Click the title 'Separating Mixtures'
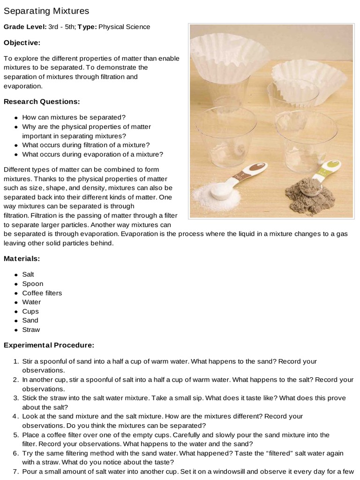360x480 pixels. click(x=46, y=10)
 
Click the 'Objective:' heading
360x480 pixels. click(x=22, y=43)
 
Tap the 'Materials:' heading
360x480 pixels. click(x=22, y=258)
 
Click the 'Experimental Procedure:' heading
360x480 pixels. click(x=49, y=345)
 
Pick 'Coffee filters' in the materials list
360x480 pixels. click(x=42, y=293)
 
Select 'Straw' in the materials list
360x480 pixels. click(x=30, y=330)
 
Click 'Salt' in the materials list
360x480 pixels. click(x=28, y=275)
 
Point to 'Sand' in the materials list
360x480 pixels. click(x=30, y=321)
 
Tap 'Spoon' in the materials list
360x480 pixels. click(x=32, y=284)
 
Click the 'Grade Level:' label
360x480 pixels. click(x=25, y=27)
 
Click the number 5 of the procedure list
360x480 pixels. click(x=15, y=435)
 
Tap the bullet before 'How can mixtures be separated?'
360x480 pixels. click(x=16, y=118)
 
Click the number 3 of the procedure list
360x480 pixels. click(x=15, y=398)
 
